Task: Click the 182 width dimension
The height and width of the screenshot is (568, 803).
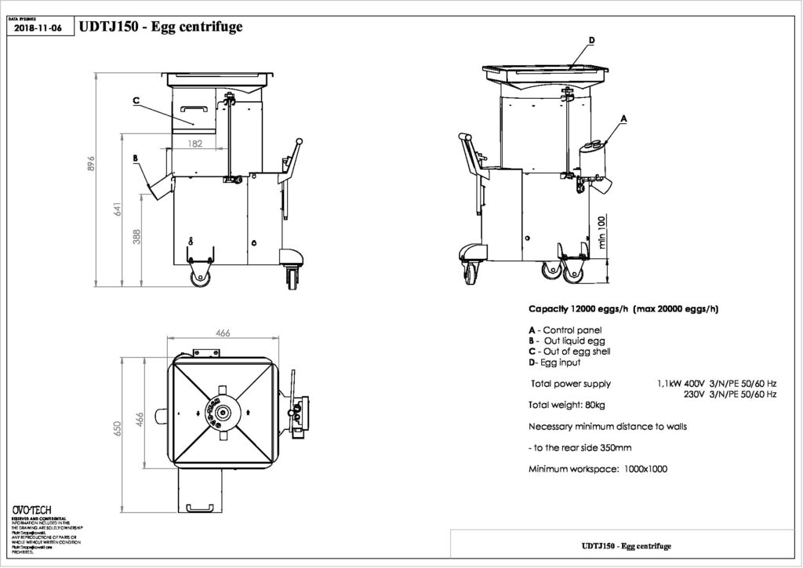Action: click(196, 144)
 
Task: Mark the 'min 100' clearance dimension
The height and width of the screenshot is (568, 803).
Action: click(601, 232)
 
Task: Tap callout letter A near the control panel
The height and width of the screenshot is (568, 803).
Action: click(624, 118)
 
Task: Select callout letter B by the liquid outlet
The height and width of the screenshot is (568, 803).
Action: click(135, 158)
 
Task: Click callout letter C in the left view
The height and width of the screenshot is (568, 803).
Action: click(136, 100)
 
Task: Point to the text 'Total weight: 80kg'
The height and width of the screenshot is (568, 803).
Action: click(567, 405)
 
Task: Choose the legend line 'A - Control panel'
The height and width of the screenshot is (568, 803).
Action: click(565, 330)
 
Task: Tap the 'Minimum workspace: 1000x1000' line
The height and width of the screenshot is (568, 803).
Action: click(598, 469)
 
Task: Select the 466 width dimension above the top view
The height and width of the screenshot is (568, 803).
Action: click(223, 333)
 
